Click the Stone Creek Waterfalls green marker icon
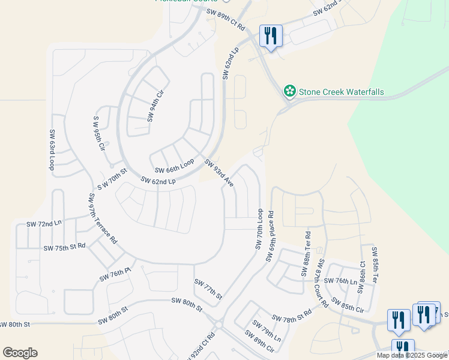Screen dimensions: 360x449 tap(290, 91)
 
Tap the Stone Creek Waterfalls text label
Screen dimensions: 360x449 tap(342, 92)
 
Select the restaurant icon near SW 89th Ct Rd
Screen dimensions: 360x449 tap(271, 36)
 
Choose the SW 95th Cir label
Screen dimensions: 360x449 tap(98, 133)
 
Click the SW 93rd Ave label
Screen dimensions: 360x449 tap(218, 172)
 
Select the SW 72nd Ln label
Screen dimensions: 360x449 tap(44, 224)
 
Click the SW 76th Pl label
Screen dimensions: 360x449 tap(115, 275)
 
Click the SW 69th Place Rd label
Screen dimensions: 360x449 tap(270, 236)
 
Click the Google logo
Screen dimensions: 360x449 tap(20, 352)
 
